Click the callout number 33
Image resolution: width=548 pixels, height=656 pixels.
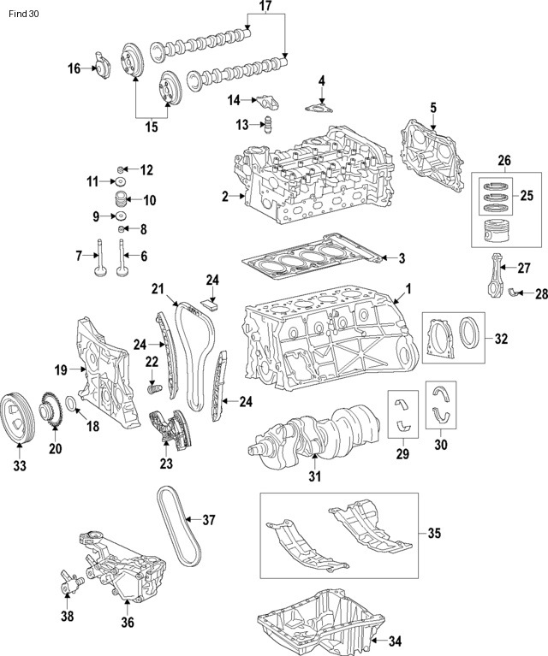[19, 466]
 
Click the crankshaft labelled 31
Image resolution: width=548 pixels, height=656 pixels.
[317, 433]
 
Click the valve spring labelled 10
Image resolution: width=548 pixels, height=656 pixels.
[122, 203]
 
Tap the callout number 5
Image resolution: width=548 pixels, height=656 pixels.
[432, 108]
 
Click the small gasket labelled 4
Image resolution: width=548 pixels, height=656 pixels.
[319, 109]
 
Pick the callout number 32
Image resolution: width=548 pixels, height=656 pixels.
[500, 339]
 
